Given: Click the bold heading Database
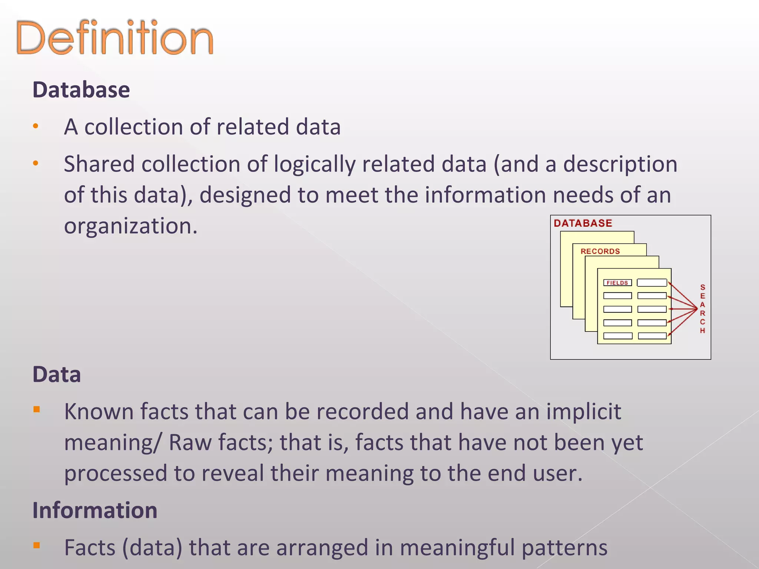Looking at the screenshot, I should [81, 90].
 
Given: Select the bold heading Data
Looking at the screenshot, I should [57, 375].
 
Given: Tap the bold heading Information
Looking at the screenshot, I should [95, 510].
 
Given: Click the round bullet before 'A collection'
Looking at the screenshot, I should [36, 126].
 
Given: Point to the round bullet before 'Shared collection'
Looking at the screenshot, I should [36, 163].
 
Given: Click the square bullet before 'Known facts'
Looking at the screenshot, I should [36, 409].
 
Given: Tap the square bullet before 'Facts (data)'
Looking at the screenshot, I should [36, 545].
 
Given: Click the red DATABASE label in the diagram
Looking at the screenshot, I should [583, 223].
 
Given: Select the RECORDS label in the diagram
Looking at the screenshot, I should [600, 252].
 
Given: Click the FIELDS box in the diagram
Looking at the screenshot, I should [617, 283].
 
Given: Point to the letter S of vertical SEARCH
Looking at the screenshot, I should [702, 287].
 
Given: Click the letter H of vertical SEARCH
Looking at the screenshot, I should [702, 330].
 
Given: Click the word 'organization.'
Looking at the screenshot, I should [131, 226].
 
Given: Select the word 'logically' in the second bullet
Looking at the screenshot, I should [315, 164].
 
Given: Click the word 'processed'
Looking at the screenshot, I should [116, 474].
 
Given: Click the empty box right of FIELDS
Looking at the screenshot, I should [652, 283].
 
